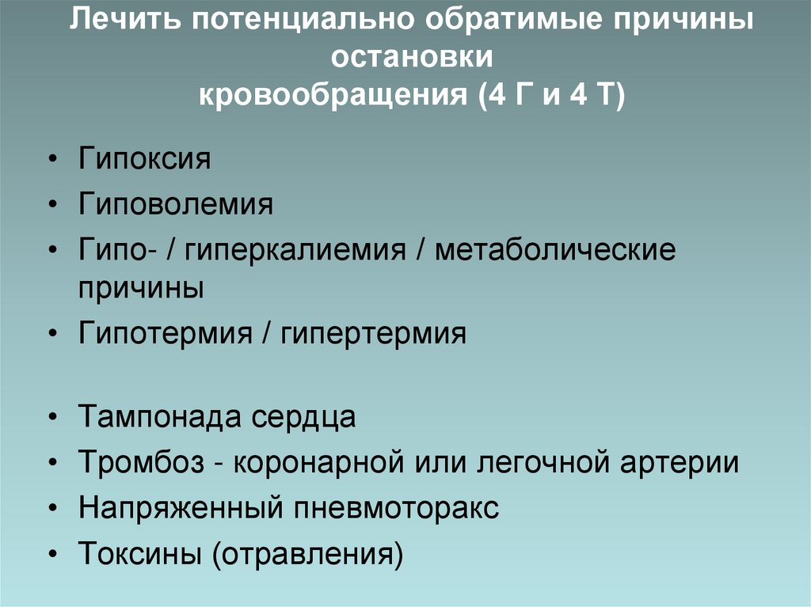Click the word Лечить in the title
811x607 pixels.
(120, 21)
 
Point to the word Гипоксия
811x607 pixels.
(145, 159)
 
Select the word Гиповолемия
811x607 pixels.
(176, 206)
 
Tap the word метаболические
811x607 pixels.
(555, 252)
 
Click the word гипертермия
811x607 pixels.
(372, 334)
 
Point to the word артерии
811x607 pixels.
(679, 463)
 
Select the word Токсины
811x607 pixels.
(139, 554)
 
